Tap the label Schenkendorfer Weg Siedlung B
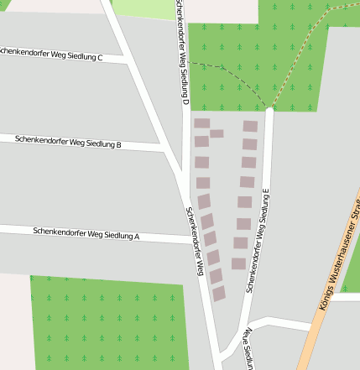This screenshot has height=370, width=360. (x=68, y=142)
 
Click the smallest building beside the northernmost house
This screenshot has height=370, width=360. (x=217, y=133)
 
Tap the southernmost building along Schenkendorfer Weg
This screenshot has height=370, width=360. (x=219, y=294)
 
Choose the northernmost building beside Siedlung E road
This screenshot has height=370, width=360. (x=250, y=126)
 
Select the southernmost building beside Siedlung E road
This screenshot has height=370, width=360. (x=238, y=263)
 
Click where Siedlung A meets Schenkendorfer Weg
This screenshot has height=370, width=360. (x=192, y=240)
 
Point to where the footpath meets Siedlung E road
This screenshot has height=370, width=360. (x=269, y=108)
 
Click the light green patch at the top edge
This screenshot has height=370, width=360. (x=143, y=8)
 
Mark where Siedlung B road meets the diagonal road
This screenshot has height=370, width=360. (x=164, y=148)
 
